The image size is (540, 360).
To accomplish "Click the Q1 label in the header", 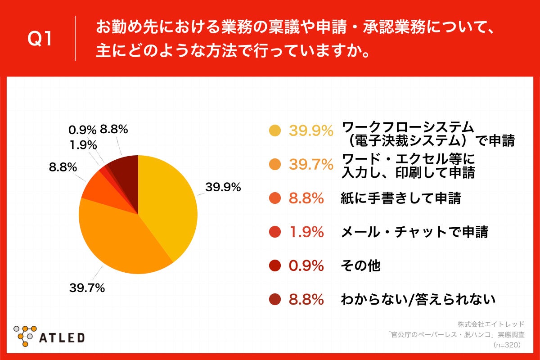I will click(x=40, y=39).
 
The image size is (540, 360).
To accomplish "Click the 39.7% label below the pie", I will click(x=87, y=288).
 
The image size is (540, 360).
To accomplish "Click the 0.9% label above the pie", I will click(x=82, y=130).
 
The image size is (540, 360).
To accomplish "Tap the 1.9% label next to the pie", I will click(x=83, y=145).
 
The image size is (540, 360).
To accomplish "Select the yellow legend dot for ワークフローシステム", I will click(x=274, y=131).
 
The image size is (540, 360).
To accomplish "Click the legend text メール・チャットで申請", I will click(x=414, y=232).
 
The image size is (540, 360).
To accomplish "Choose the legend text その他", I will click(x=360, y=266).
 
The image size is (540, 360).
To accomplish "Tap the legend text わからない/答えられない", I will click(x=418, y=299).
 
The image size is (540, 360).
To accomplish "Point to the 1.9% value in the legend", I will click(x=306, y=232).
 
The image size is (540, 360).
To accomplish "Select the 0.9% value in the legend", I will click(x=306, y=266).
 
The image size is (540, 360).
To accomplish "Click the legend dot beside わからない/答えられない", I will click(x=274, y=299).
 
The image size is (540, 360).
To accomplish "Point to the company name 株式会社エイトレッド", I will click(x=491, y=324).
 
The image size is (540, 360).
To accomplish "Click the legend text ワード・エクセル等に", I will click(x=409, y=159).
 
